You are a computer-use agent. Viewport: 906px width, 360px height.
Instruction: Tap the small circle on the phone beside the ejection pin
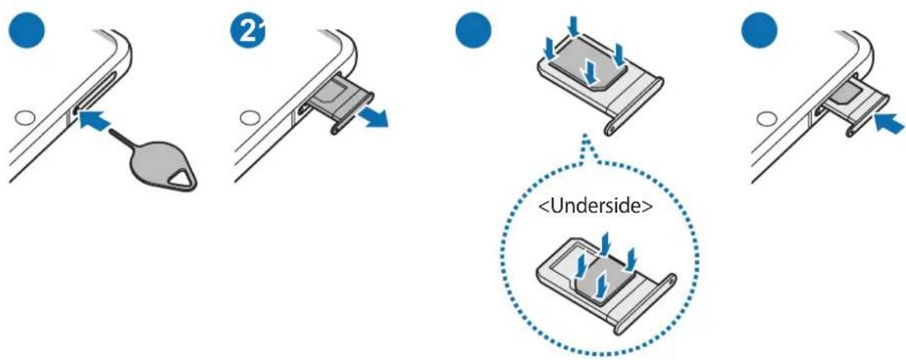coord(24,119)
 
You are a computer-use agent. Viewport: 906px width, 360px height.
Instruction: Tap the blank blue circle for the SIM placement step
coord(473,33)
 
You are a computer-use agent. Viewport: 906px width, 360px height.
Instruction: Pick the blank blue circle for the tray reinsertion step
coord(759,33)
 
